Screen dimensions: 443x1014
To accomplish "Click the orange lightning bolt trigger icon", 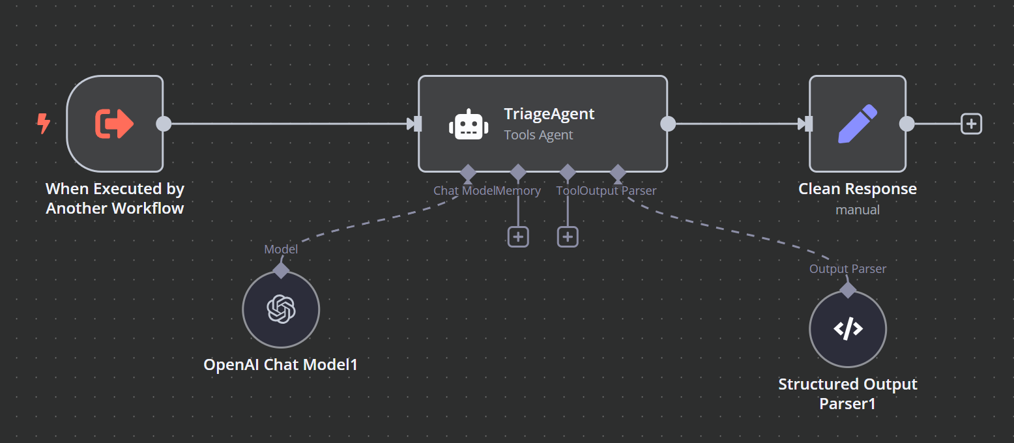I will coord(44,123).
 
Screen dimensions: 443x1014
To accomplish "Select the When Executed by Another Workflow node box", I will coord(115,124).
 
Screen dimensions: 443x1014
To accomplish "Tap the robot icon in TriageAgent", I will coord(469,124).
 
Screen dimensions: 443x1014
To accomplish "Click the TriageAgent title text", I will coord(549,113).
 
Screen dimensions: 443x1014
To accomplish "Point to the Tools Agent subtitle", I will coord(538,135).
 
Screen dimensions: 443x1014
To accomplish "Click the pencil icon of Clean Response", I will coord(857,124).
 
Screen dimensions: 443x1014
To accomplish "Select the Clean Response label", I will coord(857,189).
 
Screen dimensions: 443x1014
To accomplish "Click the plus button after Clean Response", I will coord(971,124).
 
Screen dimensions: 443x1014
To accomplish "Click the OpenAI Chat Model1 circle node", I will coord(281,309).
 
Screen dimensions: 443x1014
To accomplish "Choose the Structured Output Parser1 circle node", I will coord(847,329).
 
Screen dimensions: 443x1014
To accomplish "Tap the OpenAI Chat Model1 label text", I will coord(281,364).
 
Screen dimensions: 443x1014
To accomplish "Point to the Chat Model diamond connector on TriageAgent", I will coord(468,173).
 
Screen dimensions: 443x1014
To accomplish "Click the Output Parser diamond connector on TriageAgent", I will coord(618,173).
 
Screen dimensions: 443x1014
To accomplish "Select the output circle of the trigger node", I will coord(164,124).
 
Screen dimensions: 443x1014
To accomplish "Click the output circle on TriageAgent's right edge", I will coord(668,124).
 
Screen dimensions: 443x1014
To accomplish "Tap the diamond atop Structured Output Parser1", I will coord(847,290).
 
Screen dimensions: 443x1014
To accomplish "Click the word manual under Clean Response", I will coord(857,210).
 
